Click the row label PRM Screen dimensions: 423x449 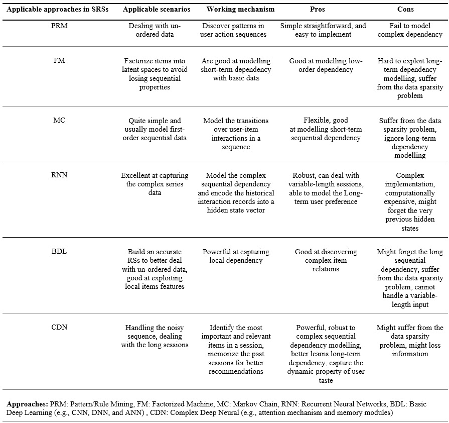[x=59, y=26]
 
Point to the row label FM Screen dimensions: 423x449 [x=59, y=61]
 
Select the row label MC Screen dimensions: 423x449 [x=59, y=121]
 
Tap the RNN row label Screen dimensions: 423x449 [x=59, y=175]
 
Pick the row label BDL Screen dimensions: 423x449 [x=59, y=252]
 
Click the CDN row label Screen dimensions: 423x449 [x=59, y=328]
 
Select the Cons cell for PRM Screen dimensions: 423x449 [x=409, y=30]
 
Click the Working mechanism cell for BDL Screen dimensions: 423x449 [x=236, y=256]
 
